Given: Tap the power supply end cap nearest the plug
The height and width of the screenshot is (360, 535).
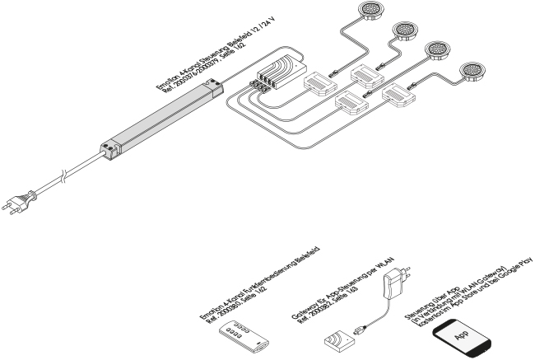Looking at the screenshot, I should pyautogui.click(x=108, y=149).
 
